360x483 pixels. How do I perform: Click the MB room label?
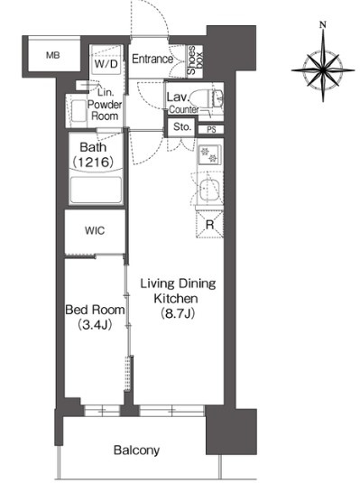tap(52, 55)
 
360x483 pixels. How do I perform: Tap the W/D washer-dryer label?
tap(106, 64)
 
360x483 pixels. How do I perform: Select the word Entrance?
tap(152, 59)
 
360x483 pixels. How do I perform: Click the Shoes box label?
tap(195, 60)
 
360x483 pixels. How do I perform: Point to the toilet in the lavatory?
tap(206, 98)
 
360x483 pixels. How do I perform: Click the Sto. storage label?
tap(182, 126)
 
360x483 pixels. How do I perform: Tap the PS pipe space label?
tap(211, 130)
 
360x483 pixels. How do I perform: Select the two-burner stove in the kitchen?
tap(209, 155)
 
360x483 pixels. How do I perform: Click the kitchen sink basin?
tap(209, 190)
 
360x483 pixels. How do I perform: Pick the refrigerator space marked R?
tap(209, 224)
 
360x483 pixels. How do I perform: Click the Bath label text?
tap(93, 147)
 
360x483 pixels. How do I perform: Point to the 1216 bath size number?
tap(94, 162)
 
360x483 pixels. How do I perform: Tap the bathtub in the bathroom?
tap(96, 190)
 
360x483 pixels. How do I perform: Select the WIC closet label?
tap(95, 230)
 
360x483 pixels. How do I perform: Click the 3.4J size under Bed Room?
tap(95, 324)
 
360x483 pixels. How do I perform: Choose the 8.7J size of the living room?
tap(178, 313)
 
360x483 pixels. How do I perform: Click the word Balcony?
tap(136, 450)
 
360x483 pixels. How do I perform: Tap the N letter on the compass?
tap(323, 24)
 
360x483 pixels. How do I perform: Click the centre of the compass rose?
tap(323, 70)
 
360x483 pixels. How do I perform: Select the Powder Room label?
tap(105, 110)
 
